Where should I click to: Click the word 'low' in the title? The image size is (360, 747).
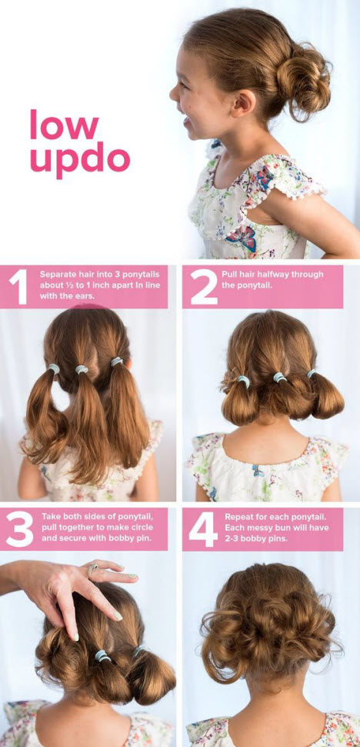[64, 125]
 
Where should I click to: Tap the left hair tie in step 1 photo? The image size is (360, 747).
[54, 368]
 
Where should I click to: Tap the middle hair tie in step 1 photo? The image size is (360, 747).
[82, 370]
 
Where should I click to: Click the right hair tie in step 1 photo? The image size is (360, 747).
[116, 362]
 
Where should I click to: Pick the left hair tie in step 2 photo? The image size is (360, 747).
[243, 381]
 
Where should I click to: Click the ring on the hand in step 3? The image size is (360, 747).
[92, 570]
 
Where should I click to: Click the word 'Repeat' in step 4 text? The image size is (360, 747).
[240, 517]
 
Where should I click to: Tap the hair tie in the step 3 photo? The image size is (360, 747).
[102, 655]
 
